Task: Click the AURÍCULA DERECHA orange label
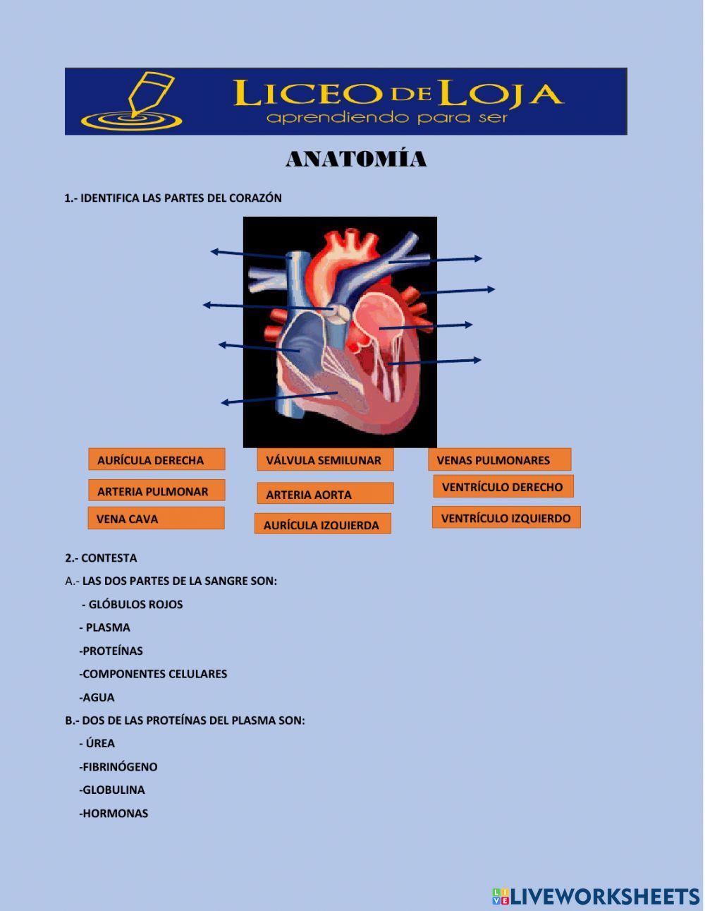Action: tap(157, 459)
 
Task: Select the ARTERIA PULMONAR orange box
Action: tap(157, 490)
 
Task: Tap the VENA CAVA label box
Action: tap(156, 518)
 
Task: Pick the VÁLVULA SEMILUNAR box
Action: tap(325, 460)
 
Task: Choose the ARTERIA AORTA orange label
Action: tap(325, 494)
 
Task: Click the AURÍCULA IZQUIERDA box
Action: tap(322, 524)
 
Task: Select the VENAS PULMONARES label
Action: tap(499, 460)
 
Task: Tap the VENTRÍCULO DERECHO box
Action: tap(503, 486)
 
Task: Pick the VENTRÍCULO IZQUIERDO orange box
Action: tap(506, 517)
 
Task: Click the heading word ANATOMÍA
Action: tap(356, 159)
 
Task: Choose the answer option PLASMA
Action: tap(108, 627)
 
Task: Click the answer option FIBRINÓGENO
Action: tap(119, 766)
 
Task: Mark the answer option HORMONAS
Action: tap(115, 813)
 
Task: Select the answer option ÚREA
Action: tap(100, 743)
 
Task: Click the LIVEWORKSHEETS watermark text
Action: tap(605, 896)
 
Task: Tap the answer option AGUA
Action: tap(99, 697)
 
